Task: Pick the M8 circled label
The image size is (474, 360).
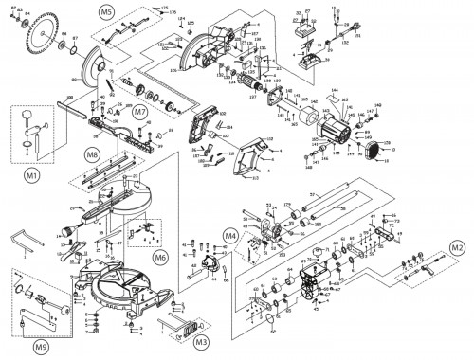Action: click(x=92, y=153)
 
